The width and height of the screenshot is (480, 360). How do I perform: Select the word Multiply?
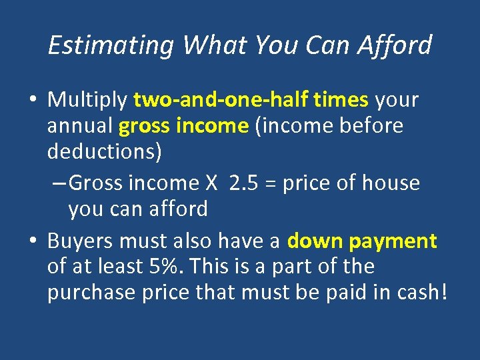[x=87, y=100]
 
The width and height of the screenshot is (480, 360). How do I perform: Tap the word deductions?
[x=104, y=151]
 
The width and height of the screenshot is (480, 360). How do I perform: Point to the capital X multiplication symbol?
[x=213, y=183]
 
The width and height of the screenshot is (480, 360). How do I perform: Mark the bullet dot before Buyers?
[x=33, y=241]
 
